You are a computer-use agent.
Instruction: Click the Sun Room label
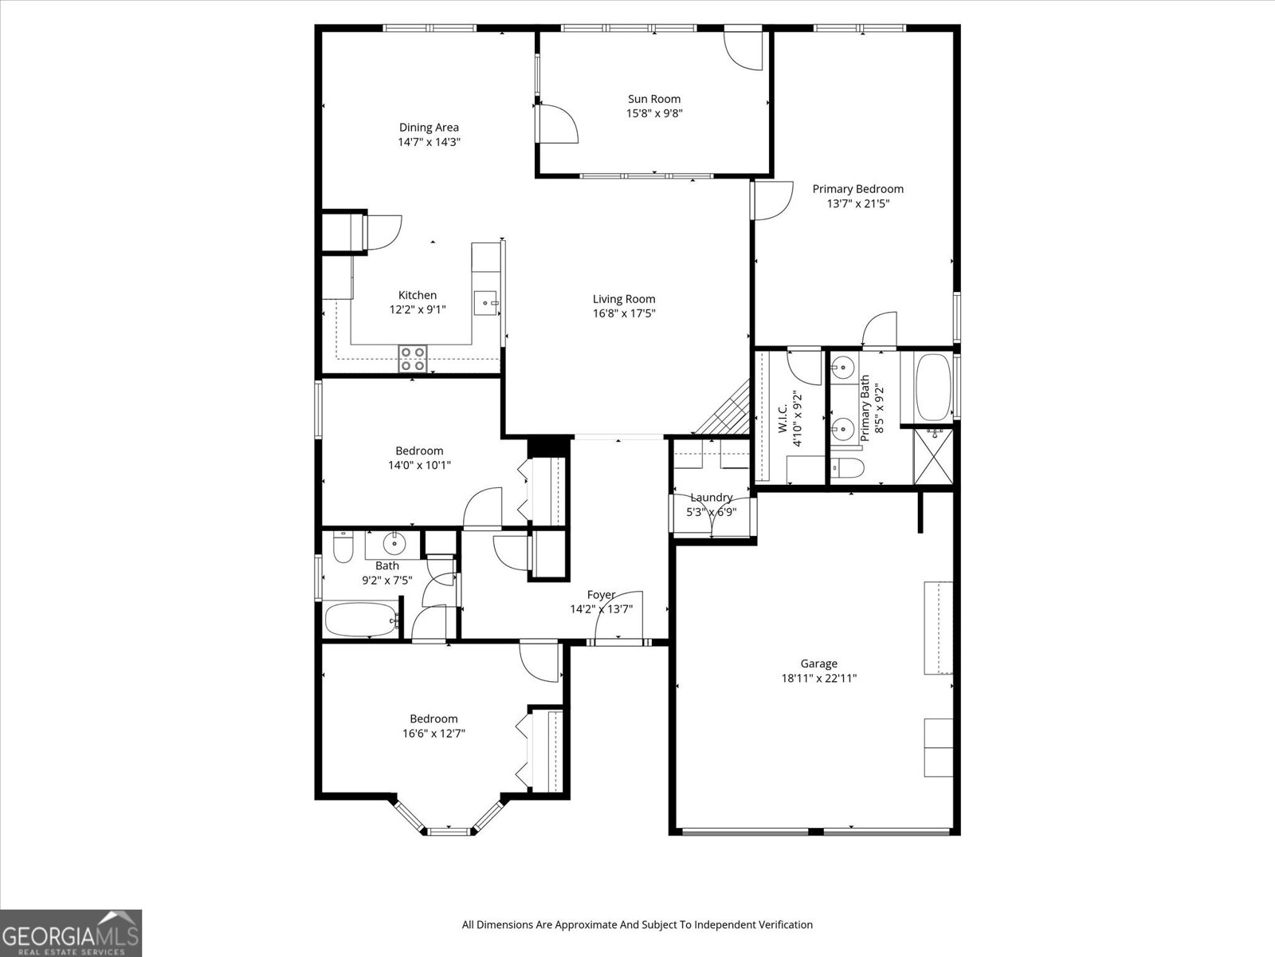654,99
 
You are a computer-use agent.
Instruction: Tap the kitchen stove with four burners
412,359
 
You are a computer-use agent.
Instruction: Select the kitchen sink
485,303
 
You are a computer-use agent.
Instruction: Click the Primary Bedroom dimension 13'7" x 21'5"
857,203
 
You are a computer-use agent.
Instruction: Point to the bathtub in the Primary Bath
931,387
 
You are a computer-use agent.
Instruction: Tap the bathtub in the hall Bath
361,620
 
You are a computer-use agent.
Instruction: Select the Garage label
818,664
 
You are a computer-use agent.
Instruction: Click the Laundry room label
711,498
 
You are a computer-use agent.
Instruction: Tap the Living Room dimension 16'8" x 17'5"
623,313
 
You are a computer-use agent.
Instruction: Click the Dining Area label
429,127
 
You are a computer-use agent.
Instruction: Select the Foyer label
601,595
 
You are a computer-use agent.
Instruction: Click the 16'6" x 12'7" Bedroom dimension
433,733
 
